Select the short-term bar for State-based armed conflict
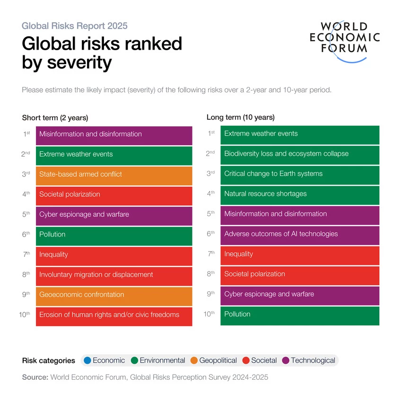coord(114,175)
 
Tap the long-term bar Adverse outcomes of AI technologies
coord(299,234)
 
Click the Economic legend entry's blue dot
coord(87,360)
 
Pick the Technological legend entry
coord(308,360)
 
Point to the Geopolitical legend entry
coord(213,360)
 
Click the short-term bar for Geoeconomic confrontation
coord(114,295)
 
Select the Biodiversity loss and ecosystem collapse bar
coord(299,154)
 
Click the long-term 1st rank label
coord(212,133)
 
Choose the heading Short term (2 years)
coord(55,118)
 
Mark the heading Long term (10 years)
coord(240,117)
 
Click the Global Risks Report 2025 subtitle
coord(74,26)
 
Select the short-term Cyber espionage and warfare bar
coord(114,215)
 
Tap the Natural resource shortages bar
coord(299,194)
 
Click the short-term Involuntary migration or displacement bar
coord(114,275)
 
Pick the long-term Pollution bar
coord(299,315)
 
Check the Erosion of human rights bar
coord(114,315)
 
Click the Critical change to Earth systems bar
coord(299,174)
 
